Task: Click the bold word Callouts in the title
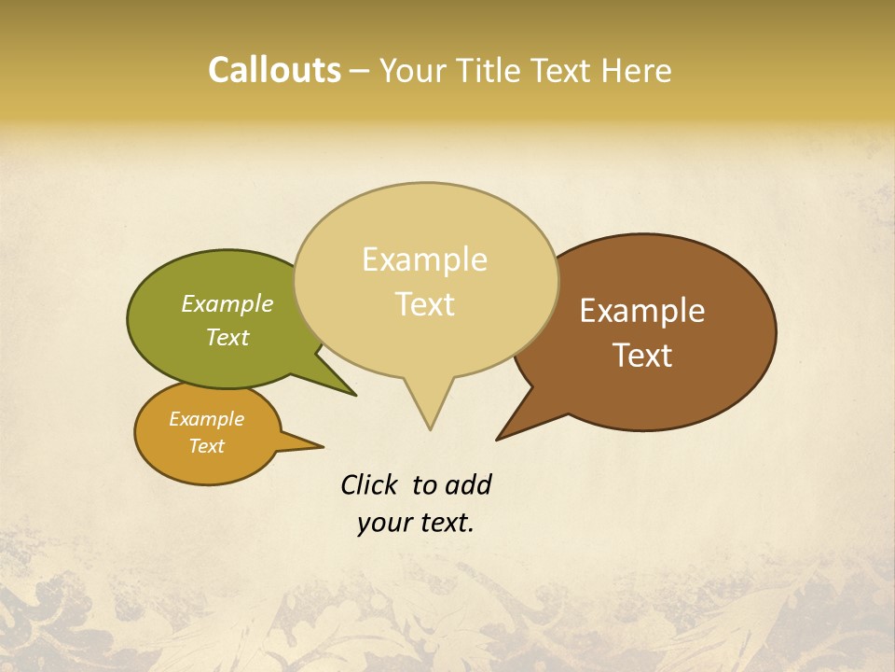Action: point(274,70)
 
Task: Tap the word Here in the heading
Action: point(637,70)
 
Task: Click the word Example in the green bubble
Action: point(227,304)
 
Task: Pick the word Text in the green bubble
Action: point(227,337)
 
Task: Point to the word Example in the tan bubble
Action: point(425,259)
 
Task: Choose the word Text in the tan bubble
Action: point(425,304)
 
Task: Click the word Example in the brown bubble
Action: point(642,311)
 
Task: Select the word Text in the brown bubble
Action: point(643,356)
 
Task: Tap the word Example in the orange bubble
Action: point(207,419)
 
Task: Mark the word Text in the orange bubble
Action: point(207,446)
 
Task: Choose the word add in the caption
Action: point(467,484)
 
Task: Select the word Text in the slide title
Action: point(567,70)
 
